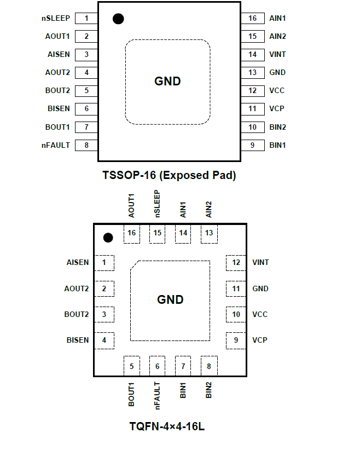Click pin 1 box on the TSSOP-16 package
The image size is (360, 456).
pyautogui.click(x=86, y=18)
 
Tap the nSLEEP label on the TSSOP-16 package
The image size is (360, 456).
pyautogui.click(x=56, y=18)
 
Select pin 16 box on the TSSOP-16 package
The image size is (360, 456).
pyautogui.click(x=252, y=18)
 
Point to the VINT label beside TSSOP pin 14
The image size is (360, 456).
pyautogui.click(x=277, y=54)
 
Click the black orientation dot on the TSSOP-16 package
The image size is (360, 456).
pyautogui.click(x=118, y=19)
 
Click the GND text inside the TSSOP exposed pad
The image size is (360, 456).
pyautogui.click(x=167, y=81)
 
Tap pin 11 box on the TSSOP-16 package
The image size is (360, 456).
pyautogui.click(x=252, y=108)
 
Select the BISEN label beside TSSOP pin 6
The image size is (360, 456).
pyautogui.click(x=59, y=108)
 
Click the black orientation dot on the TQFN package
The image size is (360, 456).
pyautogui.click(x=108, y=238)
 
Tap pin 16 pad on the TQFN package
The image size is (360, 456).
pyautogui.click(x=131, y=233)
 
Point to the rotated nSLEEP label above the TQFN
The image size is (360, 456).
pyautogui.click(x=157, y=204)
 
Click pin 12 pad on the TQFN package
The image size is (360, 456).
pyautogui.click(x=236, y=263)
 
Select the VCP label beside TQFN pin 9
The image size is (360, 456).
pyautogui.click(x=260, y=340)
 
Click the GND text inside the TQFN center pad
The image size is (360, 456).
pyautogui.click(x=170, y=300)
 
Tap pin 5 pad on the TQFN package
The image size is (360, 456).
pyautogui.click(x=131, y=366)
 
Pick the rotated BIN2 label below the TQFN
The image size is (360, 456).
pyautogui.click(x=208, y=389)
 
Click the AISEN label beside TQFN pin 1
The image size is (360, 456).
pyautogui.click(x=77, y=263)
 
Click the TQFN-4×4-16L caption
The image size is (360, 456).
pyautogui.click(x=167, y=426)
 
